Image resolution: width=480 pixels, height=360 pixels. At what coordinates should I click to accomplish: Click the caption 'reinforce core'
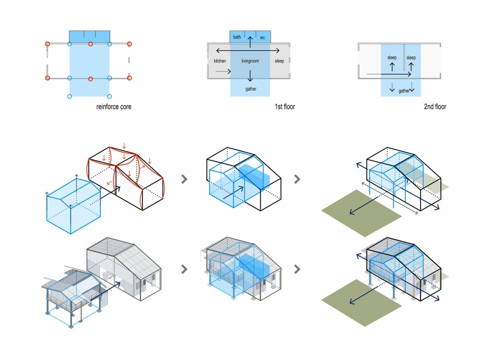[x=114, y=107]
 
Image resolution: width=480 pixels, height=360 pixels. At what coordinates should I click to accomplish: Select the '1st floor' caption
[x=284, y=107]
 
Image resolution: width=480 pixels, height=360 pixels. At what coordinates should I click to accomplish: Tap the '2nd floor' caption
[x=435, y=107]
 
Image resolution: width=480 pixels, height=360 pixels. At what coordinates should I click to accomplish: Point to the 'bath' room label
[x=237, y=37]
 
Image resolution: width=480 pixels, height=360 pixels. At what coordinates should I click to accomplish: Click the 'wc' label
[x=262, y=38]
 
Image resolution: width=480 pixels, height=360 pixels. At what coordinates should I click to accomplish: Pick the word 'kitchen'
[x=220, y=61]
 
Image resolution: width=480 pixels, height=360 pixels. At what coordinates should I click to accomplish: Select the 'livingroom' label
[x=250, y=61]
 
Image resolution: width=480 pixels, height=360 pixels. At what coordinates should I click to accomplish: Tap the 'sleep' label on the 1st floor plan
[x=279, y=61]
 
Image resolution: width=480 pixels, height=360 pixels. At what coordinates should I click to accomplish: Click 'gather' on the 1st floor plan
[x=251, y=89]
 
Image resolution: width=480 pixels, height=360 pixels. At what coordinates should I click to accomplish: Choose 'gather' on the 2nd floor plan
[x=404, y=91]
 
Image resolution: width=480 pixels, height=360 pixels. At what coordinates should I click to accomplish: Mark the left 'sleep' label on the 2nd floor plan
[x=392, y=58]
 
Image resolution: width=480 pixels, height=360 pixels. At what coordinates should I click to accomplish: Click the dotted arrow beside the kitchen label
[x=223, y=71]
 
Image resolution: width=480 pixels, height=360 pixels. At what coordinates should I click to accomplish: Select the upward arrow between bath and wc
[x=250, y=42]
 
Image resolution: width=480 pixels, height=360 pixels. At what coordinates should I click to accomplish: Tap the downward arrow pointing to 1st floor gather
[x=250, y=76]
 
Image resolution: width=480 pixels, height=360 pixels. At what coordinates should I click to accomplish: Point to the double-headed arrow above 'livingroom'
[x=248, y=50]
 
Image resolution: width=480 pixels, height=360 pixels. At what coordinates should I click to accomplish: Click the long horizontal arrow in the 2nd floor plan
[x=389, y=74]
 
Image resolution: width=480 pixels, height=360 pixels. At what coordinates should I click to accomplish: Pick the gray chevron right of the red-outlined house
[x=184, y=179]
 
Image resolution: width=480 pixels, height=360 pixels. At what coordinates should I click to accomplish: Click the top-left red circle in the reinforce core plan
[x=47, y=44]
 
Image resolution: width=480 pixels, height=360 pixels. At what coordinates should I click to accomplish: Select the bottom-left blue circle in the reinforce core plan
[x=70, y=97]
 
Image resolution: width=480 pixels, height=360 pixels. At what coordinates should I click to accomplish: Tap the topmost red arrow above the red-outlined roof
[x=124, y=145]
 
